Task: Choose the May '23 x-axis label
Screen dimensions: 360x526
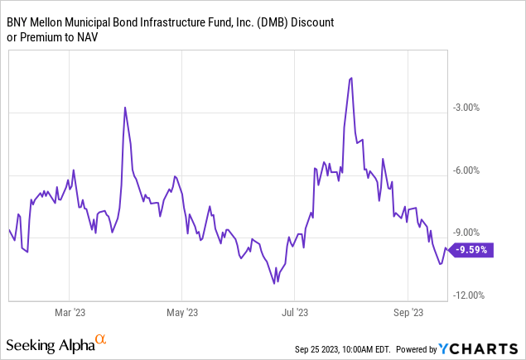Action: [x=181, y=313]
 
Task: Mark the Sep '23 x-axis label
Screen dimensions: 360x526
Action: [x=408, y=313]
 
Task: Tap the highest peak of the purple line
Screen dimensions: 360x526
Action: [x=351, y=78]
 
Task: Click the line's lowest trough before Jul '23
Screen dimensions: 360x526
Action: [x=273, y=284]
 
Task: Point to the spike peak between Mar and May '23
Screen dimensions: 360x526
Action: [x=125, y=108]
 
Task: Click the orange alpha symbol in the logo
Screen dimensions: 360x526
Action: [x=100, y=340]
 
